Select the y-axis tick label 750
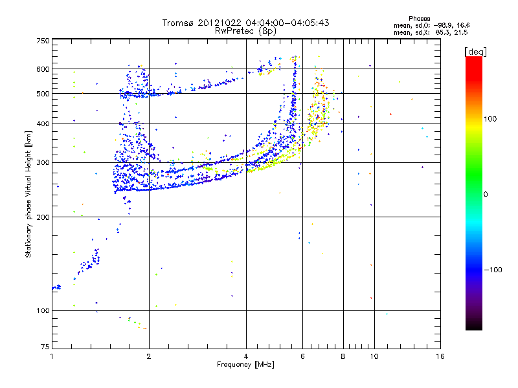click(43, 41)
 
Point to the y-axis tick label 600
click(43, 69)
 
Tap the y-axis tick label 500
click(43, 94)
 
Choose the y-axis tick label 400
click(43, 124)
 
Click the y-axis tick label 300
click(43, 163)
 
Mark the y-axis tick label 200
click(43, 217)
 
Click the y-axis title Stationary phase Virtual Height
click(28, 194)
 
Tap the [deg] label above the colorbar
click(476, 51)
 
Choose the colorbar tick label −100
click(492, 269)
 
